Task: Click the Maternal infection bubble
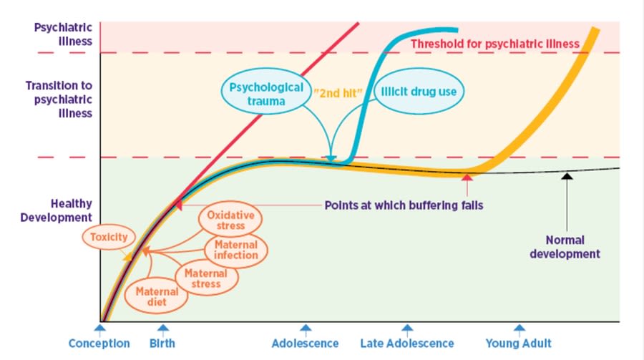[236, 250]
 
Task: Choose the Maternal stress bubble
[205, 278]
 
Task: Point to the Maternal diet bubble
[152, 296]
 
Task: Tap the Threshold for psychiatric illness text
[494, 44]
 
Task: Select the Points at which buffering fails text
[404, 205]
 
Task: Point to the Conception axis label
[99, 344]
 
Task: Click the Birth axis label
[163, 344]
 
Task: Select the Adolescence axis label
[305, 344]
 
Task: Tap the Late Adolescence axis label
[406, 344]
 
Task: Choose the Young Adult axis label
[519, 344]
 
